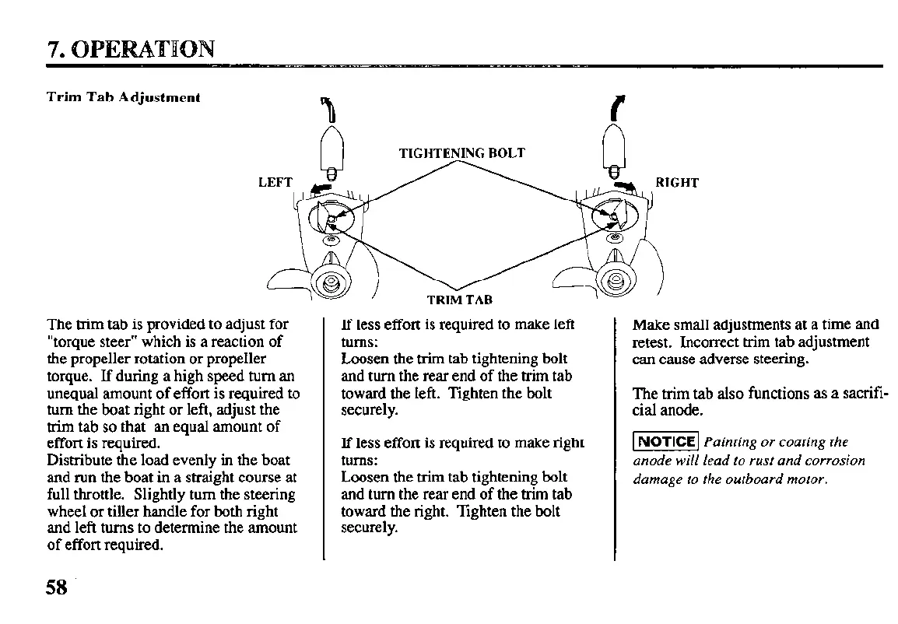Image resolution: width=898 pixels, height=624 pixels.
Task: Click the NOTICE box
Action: [x=667, y=442]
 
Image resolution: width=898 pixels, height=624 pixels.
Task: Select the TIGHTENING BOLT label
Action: [x=461, y=153]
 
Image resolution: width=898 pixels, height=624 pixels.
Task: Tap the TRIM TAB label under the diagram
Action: [x=459, y=300]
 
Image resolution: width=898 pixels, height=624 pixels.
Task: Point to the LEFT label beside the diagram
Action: [x=275, y=183]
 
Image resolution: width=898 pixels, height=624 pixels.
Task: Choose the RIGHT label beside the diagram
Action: [x=677, y=183]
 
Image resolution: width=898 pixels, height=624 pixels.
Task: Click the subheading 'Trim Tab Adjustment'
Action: [x=124, y=98]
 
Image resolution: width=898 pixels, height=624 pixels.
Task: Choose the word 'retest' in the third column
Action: [x=652, y=342]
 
